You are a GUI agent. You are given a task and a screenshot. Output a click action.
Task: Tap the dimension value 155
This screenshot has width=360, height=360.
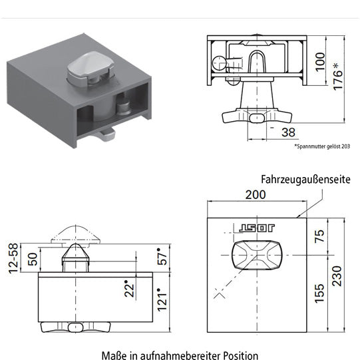(x=321, y=291)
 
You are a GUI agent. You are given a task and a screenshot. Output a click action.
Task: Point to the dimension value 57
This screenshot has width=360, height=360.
(x=160, y=258)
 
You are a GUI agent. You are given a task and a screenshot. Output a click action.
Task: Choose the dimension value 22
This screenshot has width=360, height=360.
(x=131, y=288)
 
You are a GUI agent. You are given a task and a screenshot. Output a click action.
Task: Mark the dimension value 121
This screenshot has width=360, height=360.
(x=160, y=300)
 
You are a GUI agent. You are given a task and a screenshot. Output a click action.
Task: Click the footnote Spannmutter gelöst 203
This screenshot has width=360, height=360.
(x=322, y=146)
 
